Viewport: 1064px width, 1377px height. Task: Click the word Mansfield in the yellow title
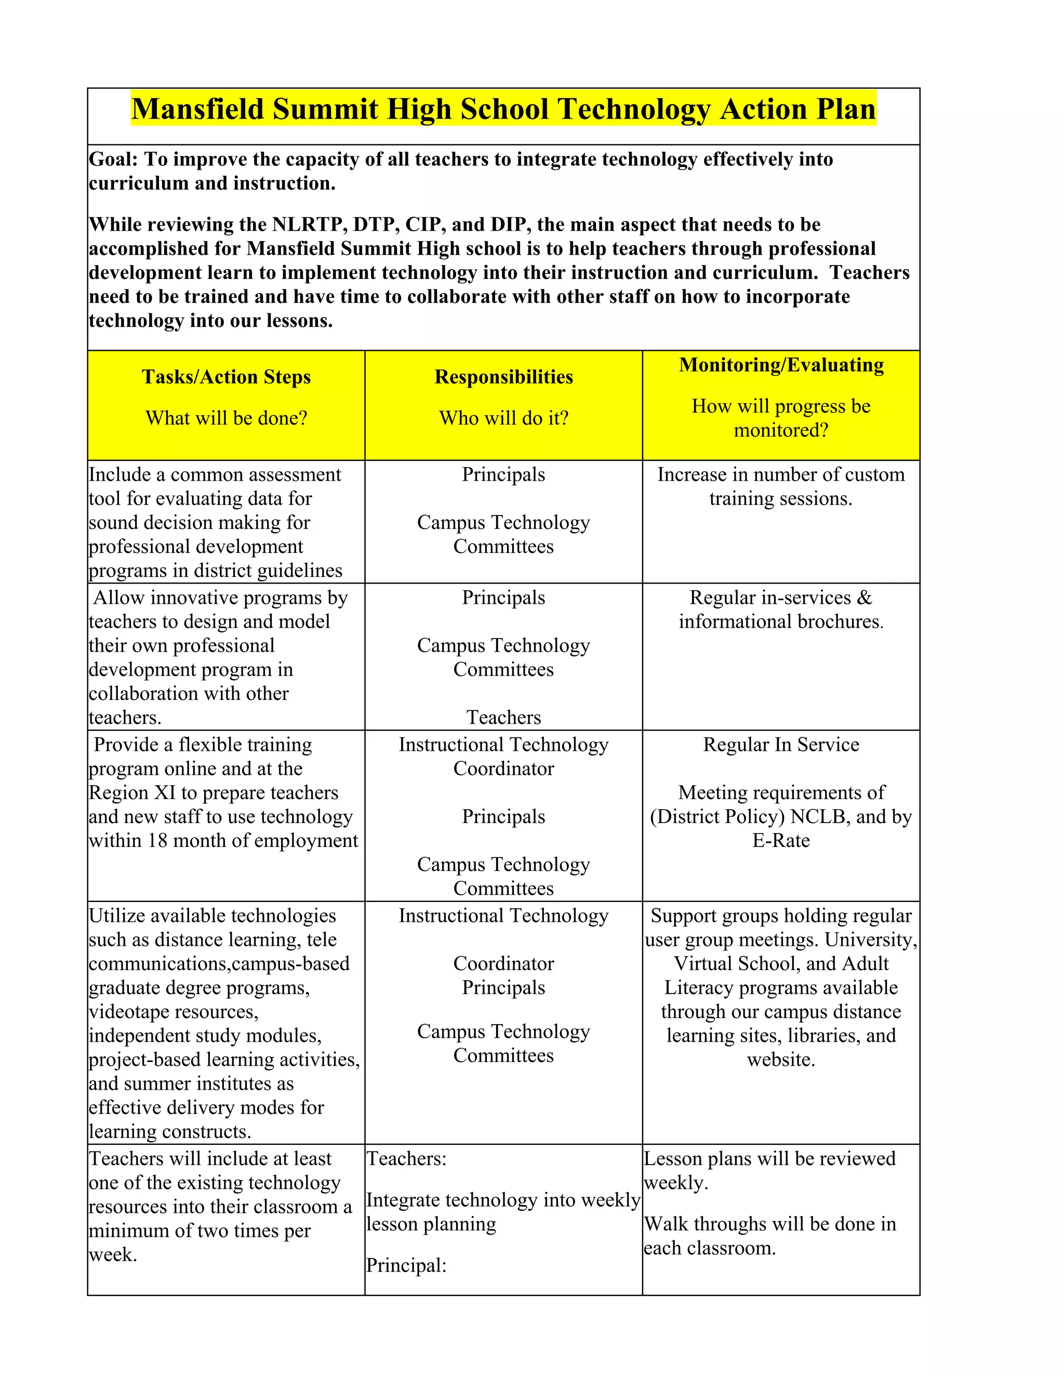tap(197, 109)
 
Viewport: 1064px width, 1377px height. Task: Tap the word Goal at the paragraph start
tap(112, 159)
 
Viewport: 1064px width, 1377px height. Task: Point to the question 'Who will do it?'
tap(503, 417)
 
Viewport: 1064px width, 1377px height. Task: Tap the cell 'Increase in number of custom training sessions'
tap(780, 486)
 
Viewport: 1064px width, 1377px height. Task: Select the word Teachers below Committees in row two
tap(503, 717)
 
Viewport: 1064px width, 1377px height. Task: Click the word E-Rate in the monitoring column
tap(780, 840)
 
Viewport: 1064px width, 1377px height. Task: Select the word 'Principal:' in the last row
tap(406, 1265)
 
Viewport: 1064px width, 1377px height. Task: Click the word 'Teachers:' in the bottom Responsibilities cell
tap(406, 1158)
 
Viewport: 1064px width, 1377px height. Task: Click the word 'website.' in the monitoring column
tap(780, 1059)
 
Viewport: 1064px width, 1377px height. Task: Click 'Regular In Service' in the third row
tap(780, 745)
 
